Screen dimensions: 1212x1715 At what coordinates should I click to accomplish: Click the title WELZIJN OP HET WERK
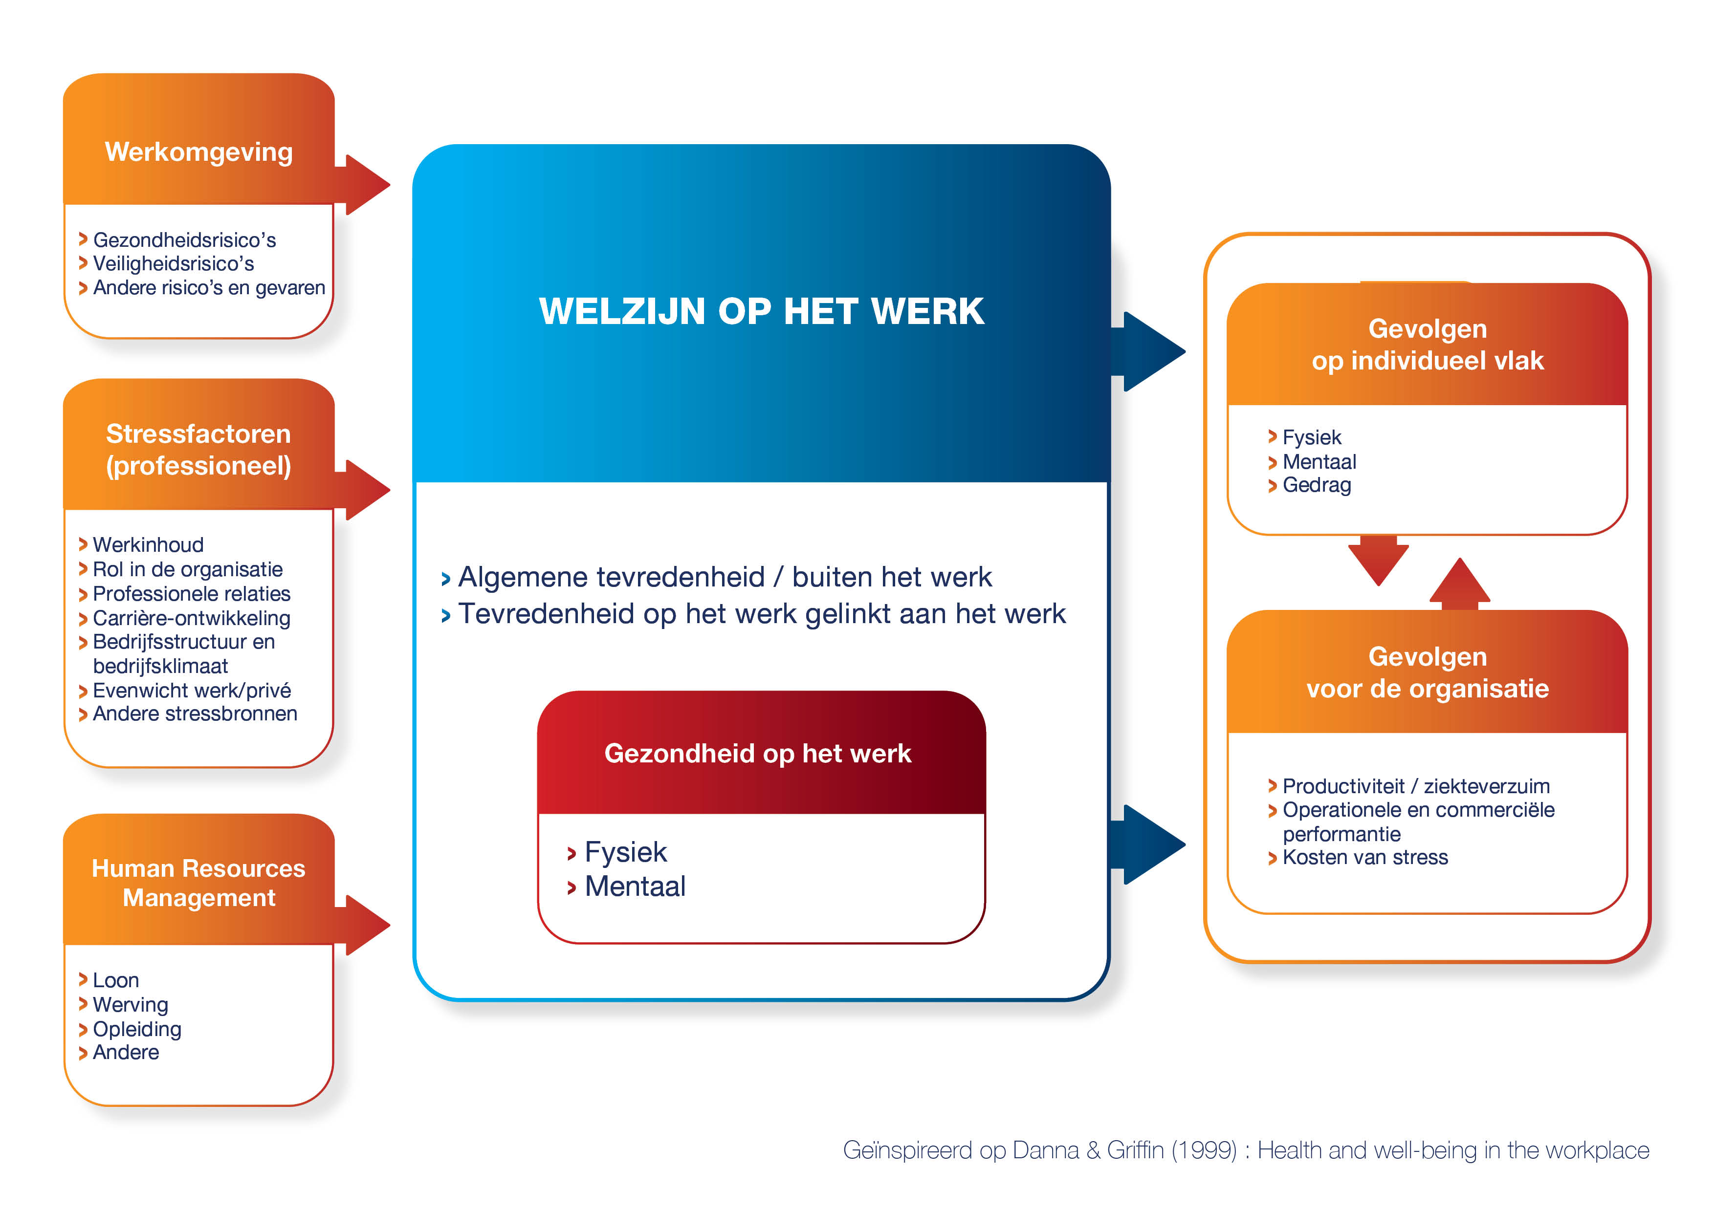761,311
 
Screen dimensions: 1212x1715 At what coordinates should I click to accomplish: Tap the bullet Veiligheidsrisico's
173,263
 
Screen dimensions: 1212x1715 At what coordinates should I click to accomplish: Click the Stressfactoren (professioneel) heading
198,450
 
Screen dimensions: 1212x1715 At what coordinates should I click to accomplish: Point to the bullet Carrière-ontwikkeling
191,618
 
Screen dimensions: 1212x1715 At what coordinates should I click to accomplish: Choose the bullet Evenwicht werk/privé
191,690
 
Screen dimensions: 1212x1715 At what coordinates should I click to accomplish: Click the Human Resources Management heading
198,883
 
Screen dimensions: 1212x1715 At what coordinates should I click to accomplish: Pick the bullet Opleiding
137,1029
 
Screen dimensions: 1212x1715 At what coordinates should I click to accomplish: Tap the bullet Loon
116,980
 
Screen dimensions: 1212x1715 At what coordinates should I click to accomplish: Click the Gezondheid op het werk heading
757,754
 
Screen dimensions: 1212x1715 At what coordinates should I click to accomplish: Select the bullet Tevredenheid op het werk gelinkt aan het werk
761,614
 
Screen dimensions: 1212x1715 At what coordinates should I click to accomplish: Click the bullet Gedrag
1316,485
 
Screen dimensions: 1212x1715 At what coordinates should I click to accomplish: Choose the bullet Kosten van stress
1364,857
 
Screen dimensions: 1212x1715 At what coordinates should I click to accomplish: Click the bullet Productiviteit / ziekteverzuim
1415,786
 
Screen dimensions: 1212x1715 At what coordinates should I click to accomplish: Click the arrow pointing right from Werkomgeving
366,184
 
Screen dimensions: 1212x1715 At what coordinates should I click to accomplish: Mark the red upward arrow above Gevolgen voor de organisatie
1459,583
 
